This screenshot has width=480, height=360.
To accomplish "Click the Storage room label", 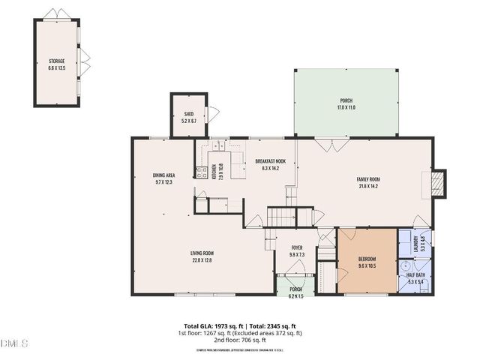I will (x=57, y=61).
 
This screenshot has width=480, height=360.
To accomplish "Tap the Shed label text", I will (x=188, y=115).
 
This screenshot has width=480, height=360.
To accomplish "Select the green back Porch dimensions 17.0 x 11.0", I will (x=346, y=107).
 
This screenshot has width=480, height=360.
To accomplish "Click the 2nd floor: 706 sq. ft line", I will (x=240, y=340).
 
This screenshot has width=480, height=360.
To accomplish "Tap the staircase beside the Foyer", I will (x=283, y=218).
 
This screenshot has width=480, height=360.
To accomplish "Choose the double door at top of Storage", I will (x=56, y=14).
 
